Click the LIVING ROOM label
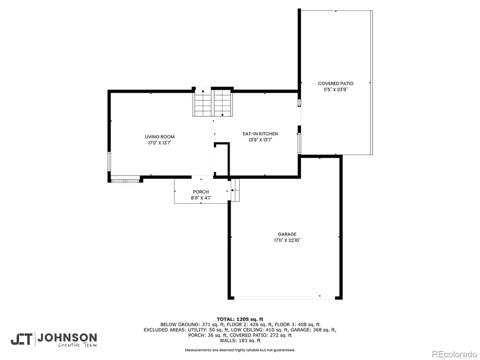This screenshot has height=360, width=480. (159, 137)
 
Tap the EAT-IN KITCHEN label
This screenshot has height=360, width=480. (260, 134)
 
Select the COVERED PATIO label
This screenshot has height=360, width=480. (336, 83)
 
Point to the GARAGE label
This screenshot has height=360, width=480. (287, 234)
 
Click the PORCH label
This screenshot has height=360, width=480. (201, 192)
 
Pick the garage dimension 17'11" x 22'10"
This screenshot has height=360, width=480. (287, 240)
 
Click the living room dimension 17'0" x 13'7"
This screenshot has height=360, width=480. (159, 143)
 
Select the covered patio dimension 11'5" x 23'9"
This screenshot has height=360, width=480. (336, 90)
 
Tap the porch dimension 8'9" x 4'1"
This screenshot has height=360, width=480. (201, 198)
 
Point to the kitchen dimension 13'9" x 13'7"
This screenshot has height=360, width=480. (260, 140)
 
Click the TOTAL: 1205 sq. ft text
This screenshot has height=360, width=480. (240, 319)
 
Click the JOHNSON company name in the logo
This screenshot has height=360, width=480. (67, 337)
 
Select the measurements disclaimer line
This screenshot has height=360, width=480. (240, 350)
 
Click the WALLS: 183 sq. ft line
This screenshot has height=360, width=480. (240, 340)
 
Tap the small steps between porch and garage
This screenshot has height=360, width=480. (235, 190)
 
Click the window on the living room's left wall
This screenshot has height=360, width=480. (109, 161)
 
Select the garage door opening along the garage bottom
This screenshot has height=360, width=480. (285, 297)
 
